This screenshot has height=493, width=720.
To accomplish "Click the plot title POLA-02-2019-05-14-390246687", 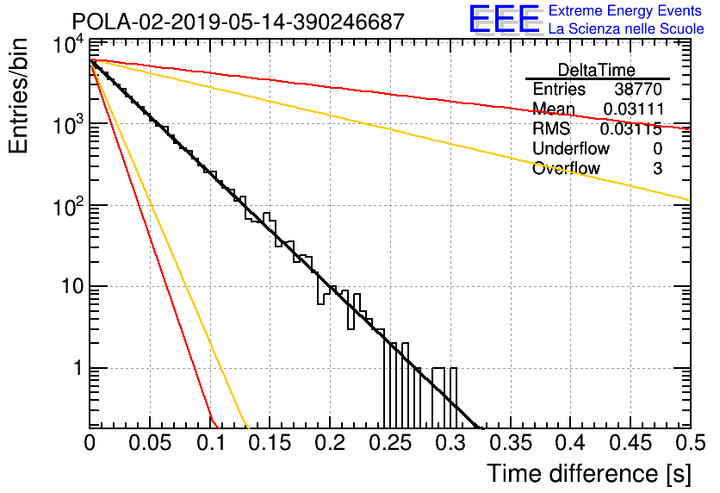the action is (x=239, y=22).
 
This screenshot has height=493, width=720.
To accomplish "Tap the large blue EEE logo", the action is (x=505, y=19).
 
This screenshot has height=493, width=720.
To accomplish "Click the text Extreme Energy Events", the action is (x=625, y=10).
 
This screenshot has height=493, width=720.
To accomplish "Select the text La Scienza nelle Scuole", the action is (x=626, y=29).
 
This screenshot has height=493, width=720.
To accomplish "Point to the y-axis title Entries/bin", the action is (x=18, y=96).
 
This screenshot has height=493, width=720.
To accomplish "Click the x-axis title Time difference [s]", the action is (x=589, y=474).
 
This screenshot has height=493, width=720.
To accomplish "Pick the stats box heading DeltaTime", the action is (x=597, y=70).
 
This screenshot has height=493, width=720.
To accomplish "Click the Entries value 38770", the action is (x=638, y=89).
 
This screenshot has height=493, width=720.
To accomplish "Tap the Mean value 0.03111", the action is (x=634, y=109).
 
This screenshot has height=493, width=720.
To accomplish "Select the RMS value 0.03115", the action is (x=631, y=128).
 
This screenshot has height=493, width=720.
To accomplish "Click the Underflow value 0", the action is (x=657, y=148).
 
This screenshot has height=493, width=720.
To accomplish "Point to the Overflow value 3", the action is (x=657, y=168).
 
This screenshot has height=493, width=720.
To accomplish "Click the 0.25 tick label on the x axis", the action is (x=390, y=443).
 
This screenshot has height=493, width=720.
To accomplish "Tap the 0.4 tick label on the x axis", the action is (x=571, y=443).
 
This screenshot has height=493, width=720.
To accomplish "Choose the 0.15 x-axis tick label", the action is (x=270, y=443).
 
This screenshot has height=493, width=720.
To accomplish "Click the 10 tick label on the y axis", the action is (x=72, y=286).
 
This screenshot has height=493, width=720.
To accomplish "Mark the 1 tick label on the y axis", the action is (x=78, y=367).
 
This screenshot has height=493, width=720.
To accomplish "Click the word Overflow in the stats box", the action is (x=566, y=168).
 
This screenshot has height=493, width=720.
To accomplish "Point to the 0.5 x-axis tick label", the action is (x=691, y=443).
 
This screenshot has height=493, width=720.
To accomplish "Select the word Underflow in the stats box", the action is (x=571, y=148).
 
